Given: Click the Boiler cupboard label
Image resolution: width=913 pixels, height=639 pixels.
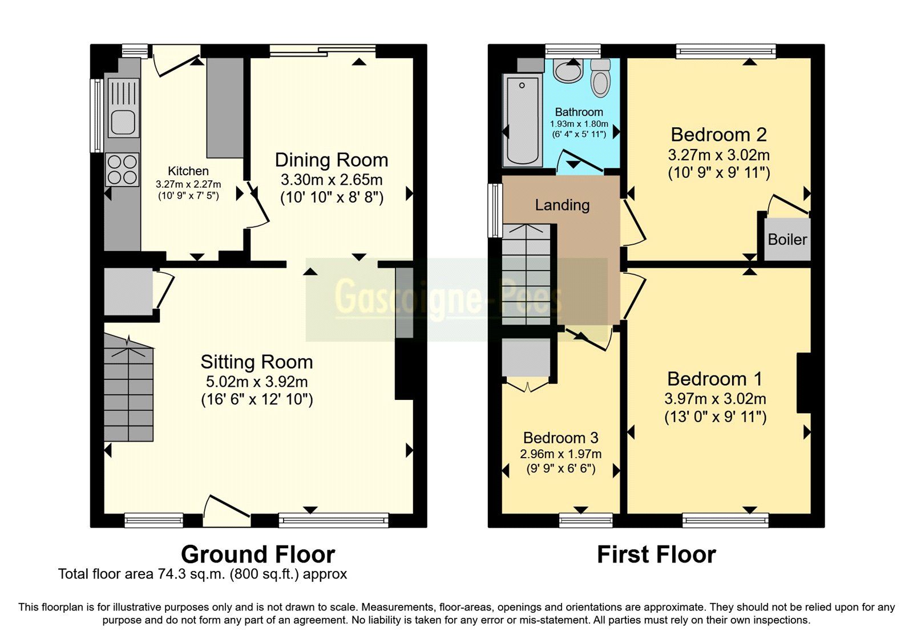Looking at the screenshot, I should [787, 240].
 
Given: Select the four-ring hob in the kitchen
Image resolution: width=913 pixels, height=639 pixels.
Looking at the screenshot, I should [123, 170].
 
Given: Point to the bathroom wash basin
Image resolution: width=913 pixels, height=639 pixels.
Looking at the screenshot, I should [568, 72].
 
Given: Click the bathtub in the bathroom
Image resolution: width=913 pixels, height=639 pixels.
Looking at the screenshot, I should [522, 120].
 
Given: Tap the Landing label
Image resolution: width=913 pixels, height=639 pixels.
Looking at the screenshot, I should [562, 205].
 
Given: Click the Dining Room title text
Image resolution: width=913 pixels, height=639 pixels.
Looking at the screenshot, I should [332, 160].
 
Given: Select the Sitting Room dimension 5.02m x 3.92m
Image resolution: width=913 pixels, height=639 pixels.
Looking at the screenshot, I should [257, 382].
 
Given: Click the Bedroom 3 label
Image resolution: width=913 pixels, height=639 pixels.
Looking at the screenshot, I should [560, 438].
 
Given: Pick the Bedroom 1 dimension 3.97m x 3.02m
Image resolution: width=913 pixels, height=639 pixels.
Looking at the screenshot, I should [715, 399].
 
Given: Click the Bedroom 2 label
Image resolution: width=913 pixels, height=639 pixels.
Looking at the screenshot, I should [718, 135].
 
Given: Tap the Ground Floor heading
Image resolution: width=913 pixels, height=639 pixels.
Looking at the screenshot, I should [258, 555].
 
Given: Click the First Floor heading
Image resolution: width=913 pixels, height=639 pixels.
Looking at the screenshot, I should [656, 555].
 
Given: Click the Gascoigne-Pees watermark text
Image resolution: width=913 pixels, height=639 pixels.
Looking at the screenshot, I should [448, 298].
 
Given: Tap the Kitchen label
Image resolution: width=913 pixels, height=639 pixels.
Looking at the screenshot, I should [188, 171].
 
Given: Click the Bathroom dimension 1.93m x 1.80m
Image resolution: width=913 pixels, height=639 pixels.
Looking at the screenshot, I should [579, 124].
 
